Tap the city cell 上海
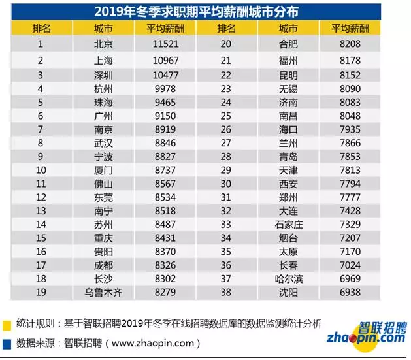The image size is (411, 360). click(x=104, y=59)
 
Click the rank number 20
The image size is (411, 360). click(x=226, y=44)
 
